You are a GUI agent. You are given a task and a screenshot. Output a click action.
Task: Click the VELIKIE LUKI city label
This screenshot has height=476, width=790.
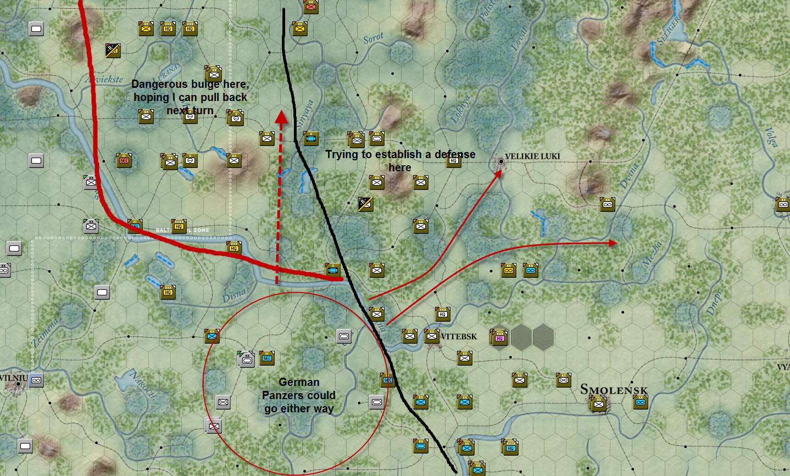pos(532,156)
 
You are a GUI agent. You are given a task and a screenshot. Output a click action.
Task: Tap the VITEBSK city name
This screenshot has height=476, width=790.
pos(459,337)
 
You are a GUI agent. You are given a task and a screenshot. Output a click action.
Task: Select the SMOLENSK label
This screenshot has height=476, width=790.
pos(614,390)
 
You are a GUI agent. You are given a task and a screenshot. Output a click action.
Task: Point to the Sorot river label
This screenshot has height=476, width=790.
pos(374,38)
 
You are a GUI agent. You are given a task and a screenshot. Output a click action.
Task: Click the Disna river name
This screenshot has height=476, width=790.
pos(234,295)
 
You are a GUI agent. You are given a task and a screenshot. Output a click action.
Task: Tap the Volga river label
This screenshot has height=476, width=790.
pos(771,137)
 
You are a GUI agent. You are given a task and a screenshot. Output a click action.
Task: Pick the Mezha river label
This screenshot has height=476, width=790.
pos(652,254)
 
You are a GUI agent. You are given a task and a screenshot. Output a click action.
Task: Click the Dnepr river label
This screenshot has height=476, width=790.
pos(714,302)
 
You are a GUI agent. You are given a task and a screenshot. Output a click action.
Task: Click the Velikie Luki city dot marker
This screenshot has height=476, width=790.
pos(501,161)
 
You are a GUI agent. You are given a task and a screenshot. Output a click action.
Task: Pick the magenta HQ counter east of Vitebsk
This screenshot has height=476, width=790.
pos(499,337)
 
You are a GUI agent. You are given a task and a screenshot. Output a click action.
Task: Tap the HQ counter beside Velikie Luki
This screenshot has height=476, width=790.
pos(454,160)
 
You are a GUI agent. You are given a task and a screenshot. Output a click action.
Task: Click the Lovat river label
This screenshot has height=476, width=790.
pos(519,38)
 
